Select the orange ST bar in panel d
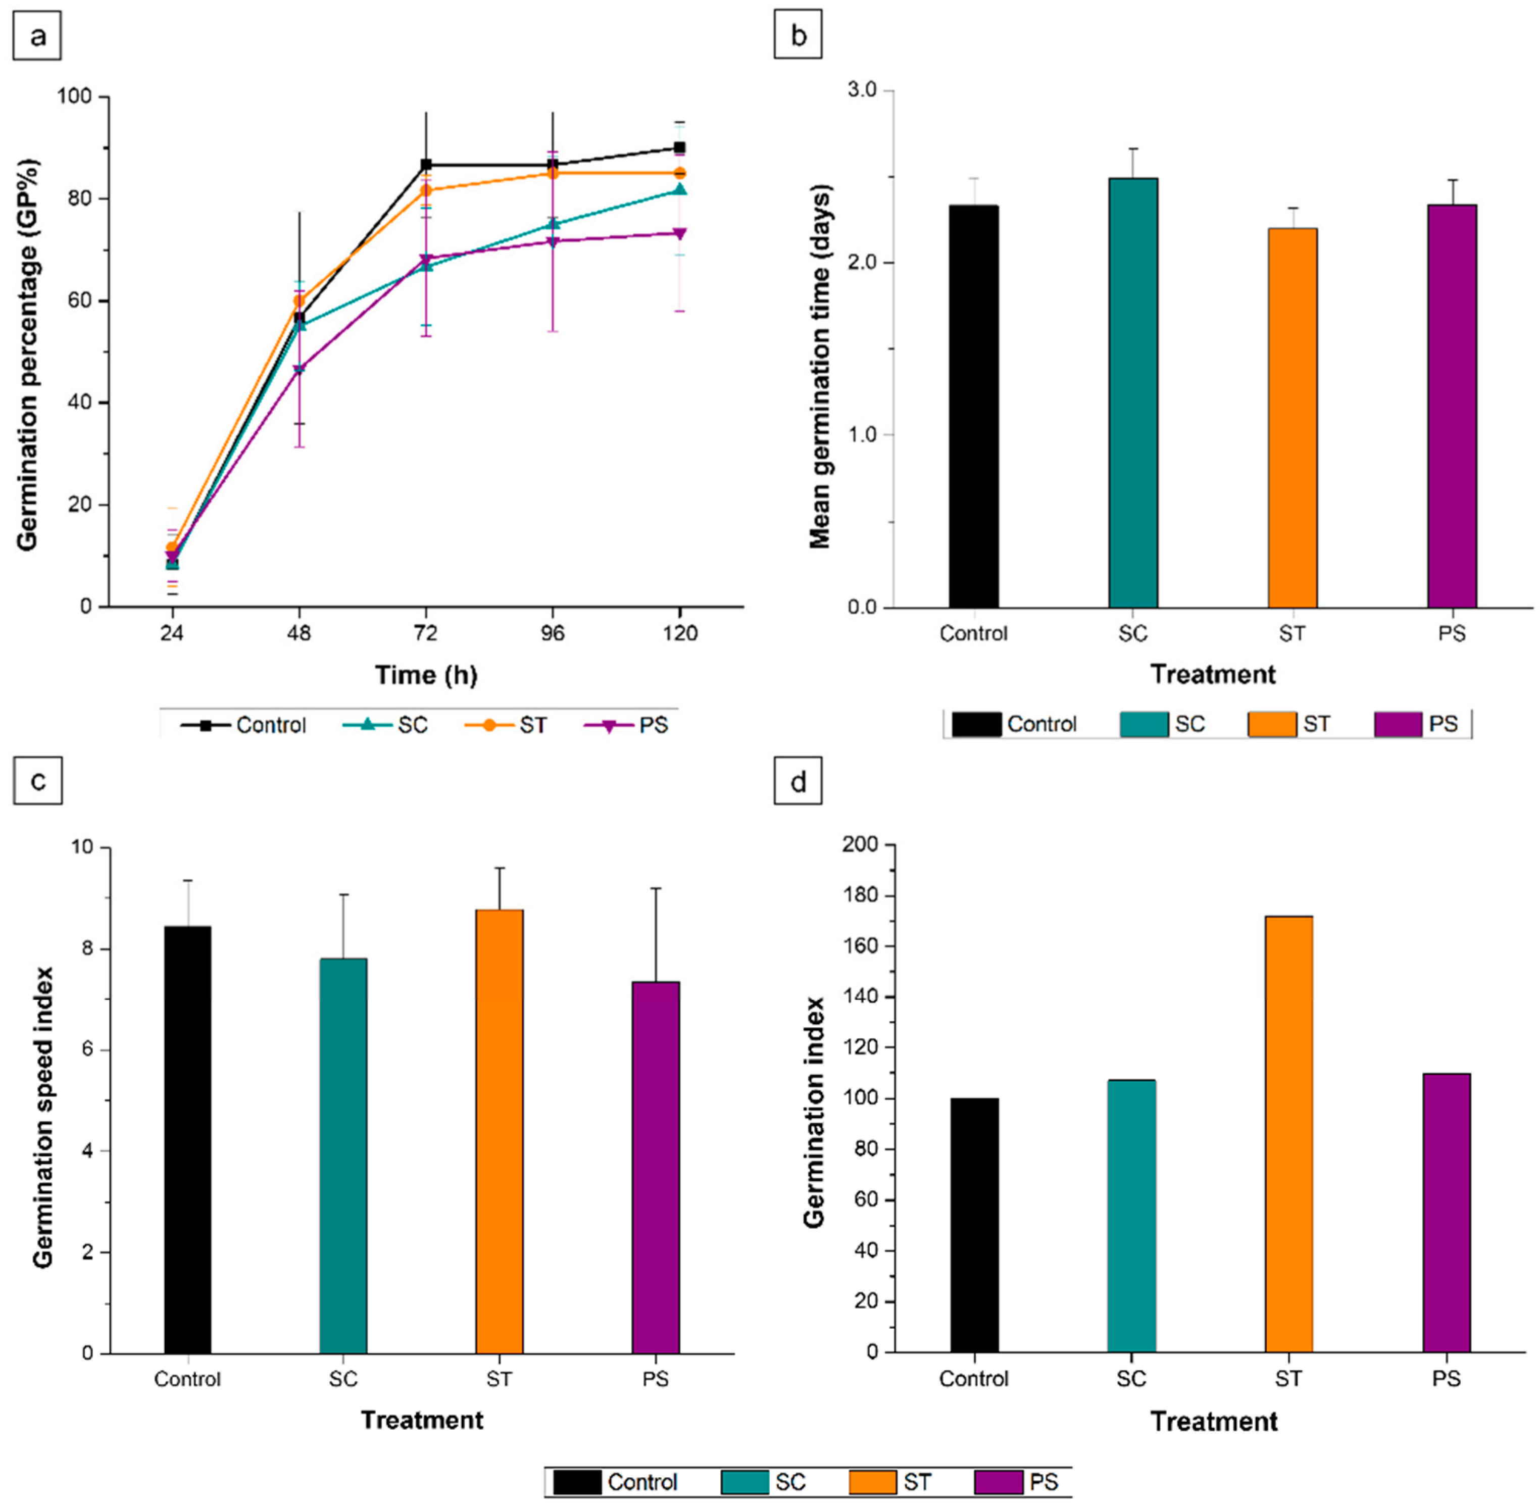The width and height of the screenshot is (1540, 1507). [1288, 1135]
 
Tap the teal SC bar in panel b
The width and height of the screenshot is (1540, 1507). [1133, 392]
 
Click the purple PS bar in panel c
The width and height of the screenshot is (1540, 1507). [656, 1168]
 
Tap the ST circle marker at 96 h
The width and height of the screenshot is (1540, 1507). [553, 173]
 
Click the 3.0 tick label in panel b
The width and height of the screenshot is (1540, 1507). [862, 90]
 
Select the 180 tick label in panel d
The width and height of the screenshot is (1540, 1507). [861, 896]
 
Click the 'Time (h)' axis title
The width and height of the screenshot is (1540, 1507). [426, 675]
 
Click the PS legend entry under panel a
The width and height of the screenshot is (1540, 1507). [627, 725]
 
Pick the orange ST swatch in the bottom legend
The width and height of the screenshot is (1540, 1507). [873, 1482]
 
